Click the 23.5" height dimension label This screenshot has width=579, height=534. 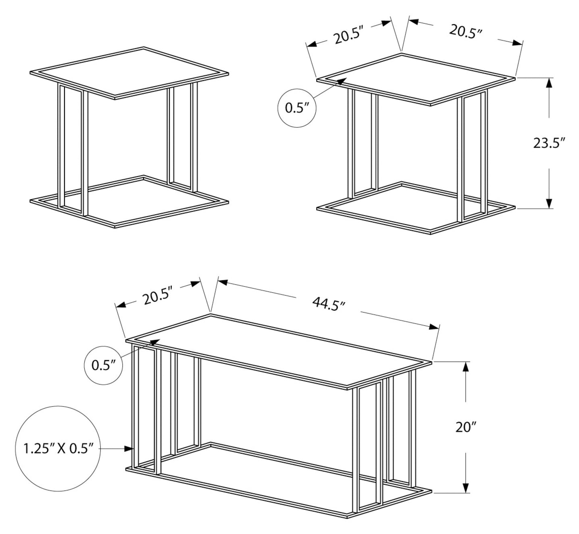549,143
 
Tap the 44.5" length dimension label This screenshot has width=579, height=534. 329,304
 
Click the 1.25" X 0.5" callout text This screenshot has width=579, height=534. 58,448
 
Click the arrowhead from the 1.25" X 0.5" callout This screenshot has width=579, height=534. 129,448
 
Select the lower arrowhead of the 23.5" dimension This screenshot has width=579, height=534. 549,203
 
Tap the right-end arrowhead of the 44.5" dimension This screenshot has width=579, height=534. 434,327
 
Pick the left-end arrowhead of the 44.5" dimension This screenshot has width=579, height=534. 223,282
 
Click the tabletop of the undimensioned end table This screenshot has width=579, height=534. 129,73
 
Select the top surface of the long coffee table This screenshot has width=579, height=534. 279,352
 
